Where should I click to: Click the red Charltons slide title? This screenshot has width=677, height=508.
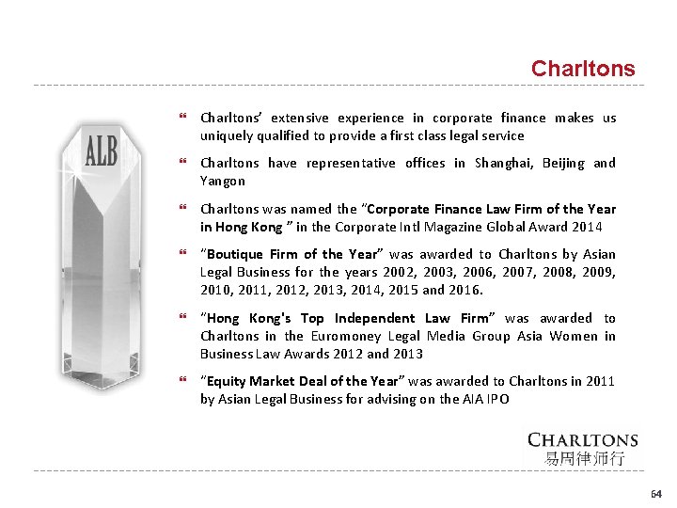tap(583, 69)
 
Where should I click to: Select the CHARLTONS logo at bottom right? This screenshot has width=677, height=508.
tap(583, 440)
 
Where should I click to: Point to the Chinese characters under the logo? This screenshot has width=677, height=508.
tap(583, 459)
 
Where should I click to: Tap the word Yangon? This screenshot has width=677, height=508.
tap(222, 181)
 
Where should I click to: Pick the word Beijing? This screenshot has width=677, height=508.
tap(561, 163)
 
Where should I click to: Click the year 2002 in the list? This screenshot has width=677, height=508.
tap(396, 272)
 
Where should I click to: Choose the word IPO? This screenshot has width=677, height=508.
tap(497, 399)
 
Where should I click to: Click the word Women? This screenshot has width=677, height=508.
tap(573, 336)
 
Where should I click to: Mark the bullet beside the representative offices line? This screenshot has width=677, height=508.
tap(183, 164)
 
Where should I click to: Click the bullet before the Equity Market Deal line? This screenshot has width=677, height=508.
tap(183, 382)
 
